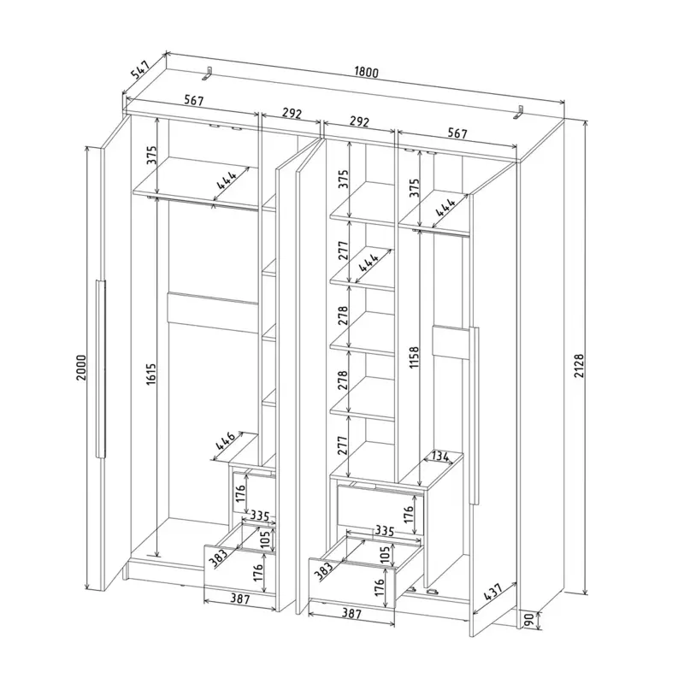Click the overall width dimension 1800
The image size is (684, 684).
click(x=366, y=72)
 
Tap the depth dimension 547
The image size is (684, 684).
click(x=141, y=70)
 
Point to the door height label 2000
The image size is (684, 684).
click(x=81, y=367)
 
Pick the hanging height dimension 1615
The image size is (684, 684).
click(x=150, y=374)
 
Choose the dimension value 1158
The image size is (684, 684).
click(x=414, y=357)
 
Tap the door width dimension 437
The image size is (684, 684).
click(x=493, y=592)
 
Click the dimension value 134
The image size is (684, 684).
click(x=439, y=457)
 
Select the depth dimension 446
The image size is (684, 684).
click(x=225, y=440)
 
